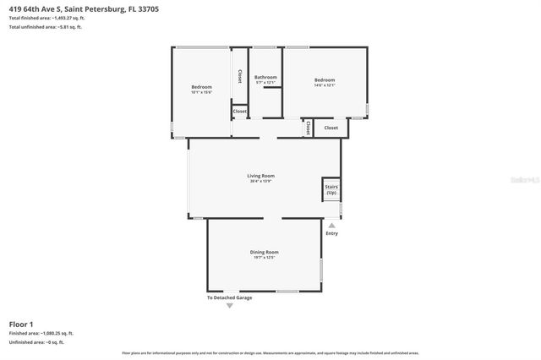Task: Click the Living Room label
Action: pos(262,176)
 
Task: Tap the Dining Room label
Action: pos(265,252)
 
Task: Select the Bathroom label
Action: pos(266,77)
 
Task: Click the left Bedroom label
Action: pos(201,87)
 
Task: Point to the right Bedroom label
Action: pos(325,77)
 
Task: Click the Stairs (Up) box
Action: pos(331,190)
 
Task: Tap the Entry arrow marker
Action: pos(331,226)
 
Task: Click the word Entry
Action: pos(331,233)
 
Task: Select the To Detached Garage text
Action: pos(230,297)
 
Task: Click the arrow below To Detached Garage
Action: pos(230,305)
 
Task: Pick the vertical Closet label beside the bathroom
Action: pos(240,76)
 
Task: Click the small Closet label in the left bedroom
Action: pos(240,111)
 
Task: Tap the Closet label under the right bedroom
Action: pos(331,128)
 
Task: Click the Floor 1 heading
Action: pos(21,324)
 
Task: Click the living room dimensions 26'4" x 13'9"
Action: pos(262,181)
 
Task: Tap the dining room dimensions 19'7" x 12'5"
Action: pos(265,257)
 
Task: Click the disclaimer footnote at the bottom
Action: pos(270,352)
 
